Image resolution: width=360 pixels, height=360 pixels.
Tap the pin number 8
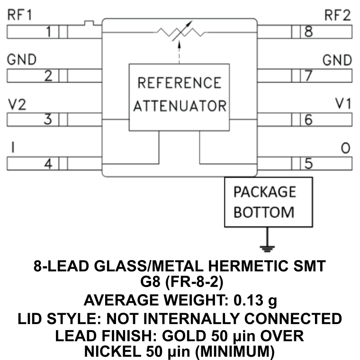click(308, 32)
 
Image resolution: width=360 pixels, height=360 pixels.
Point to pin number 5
click(308, 164)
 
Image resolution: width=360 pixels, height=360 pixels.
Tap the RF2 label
click(337, 16)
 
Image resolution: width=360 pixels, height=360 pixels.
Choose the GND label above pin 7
click(337, 60)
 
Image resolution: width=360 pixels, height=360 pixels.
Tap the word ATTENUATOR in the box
click(180, 105)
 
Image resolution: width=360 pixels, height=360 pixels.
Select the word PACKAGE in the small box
click(265, 192)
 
